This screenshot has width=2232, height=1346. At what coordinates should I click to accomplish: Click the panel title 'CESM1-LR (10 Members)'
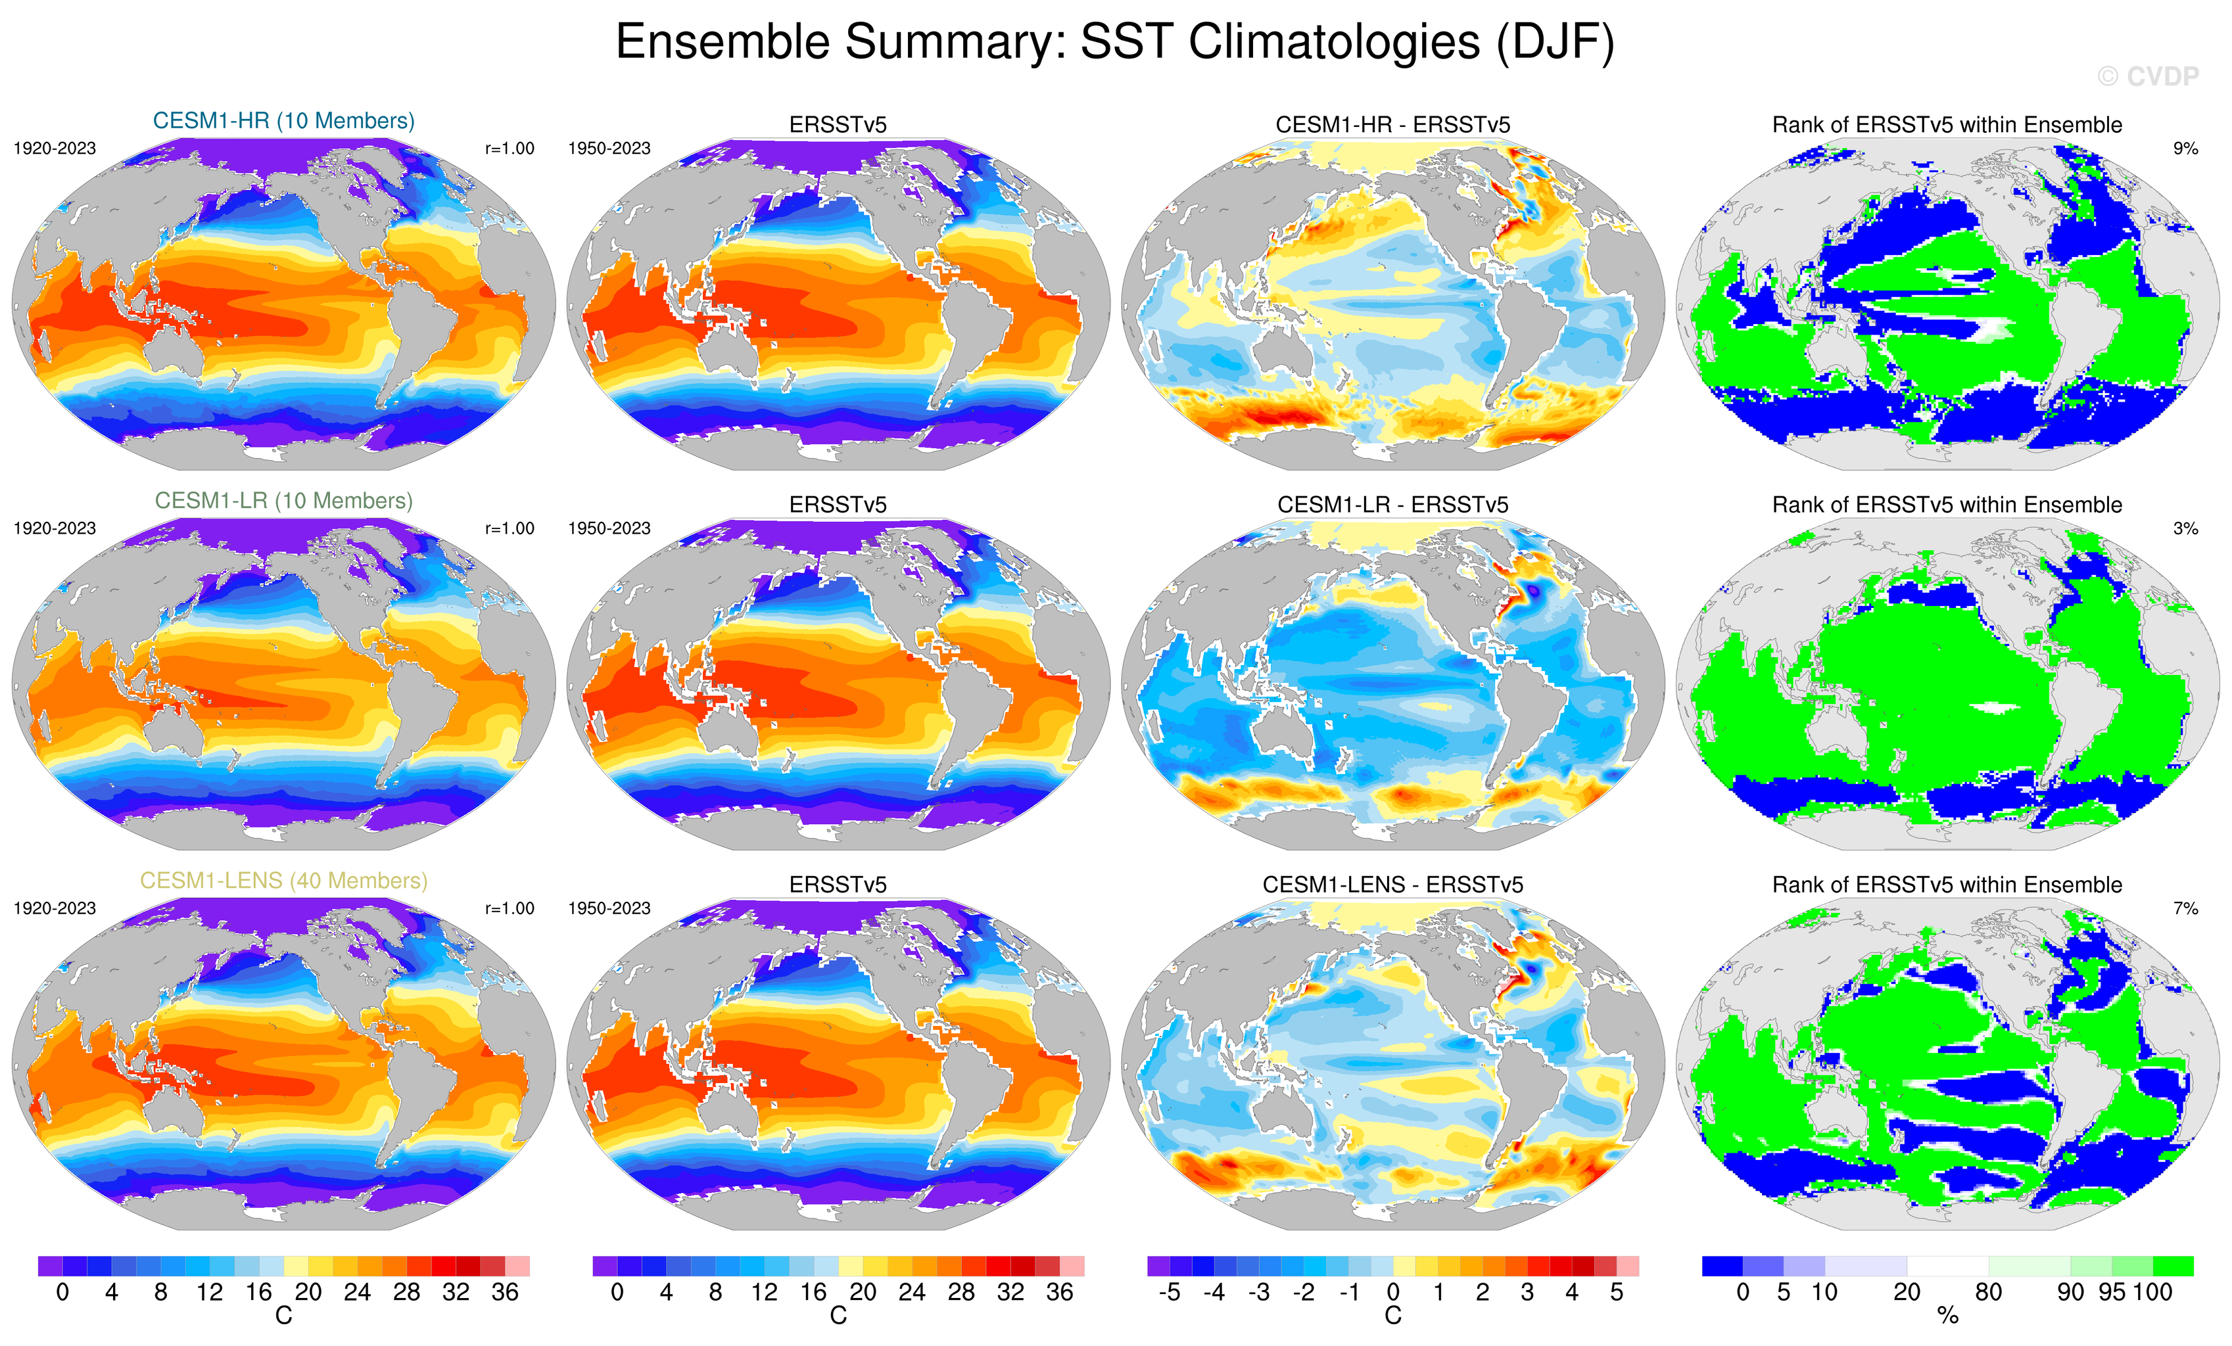283,500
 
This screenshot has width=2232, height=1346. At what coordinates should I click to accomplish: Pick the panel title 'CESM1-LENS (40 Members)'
283,881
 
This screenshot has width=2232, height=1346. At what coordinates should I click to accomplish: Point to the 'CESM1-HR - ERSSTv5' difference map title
1392,125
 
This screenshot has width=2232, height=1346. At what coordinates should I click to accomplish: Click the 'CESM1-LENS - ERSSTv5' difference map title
1392,884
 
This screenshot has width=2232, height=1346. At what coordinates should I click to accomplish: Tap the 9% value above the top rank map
2185,149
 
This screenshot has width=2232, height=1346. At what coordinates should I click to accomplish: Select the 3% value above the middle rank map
2185,528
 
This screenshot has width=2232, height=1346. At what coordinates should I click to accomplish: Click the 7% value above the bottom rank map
2185,908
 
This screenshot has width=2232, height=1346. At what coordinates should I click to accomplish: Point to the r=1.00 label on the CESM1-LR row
509,528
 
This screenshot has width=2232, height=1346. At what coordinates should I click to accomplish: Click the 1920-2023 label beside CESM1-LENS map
55,908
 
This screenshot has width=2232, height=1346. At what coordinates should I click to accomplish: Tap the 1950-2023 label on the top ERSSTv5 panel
609,149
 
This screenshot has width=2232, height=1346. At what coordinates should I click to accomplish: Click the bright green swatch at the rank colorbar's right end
2172,1265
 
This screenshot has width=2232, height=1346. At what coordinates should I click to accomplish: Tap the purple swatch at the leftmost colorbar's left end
50,1265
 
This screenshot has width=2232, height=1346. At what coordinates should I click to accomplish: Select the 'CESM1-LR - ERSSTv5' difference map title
1392,505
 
